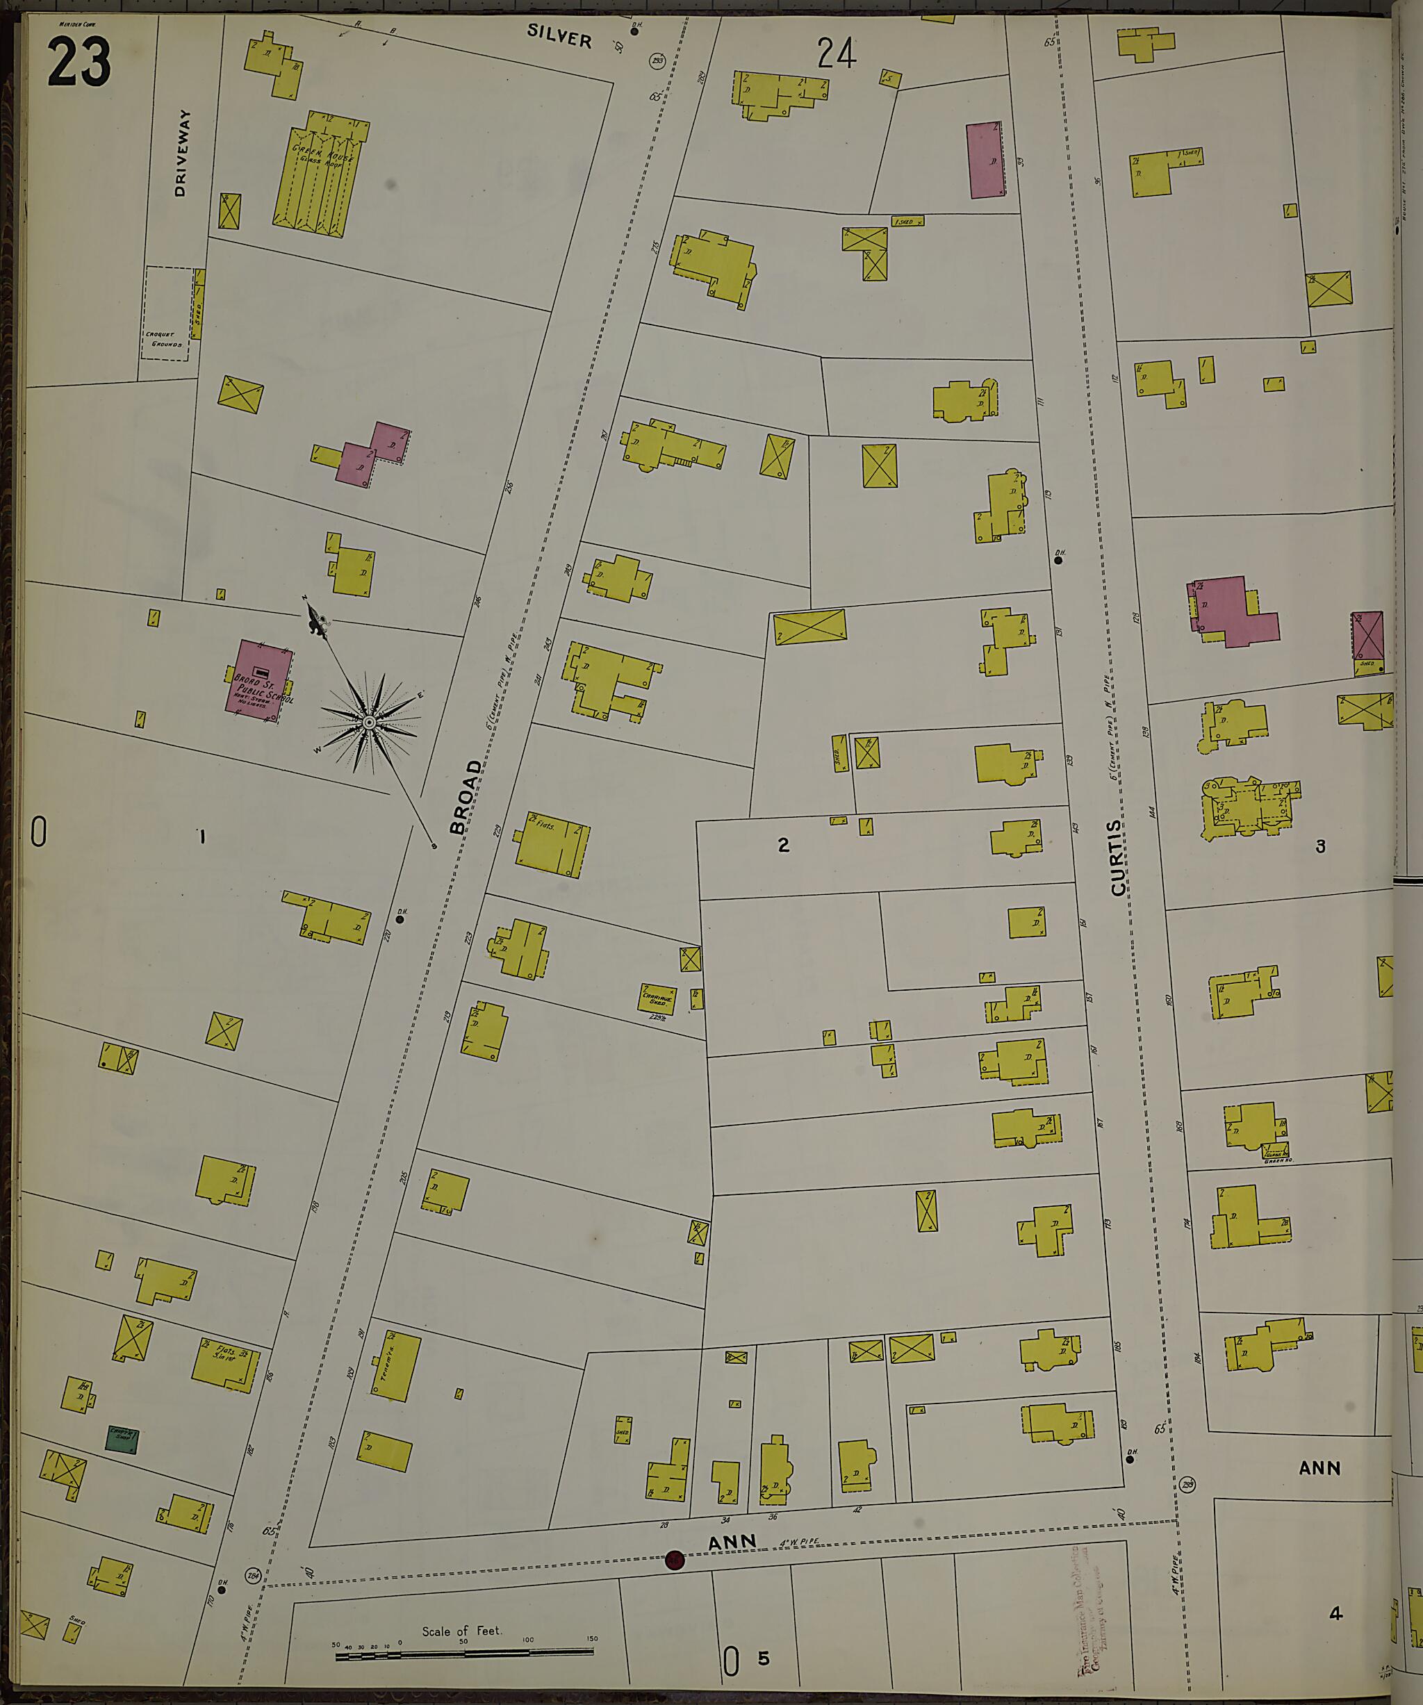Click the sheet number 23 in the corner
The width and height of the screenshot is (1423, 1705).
(x=79, y=63)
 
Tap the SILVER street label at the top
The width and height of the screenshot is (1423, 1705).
(x=559, y=35)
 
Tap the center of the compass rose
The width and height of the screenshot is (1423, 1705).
(x=370, y=722)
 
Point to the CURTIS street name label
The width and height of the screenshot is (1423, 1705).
(x=1118, y=858)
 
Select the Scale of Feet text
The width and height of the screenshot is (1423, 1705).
(x=461, y=1630)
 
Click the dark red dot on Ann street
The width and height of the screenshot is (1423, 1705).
(x=675, y=1560)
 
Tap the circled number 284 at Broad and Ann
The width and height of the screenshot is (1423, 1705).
(x=252, y=1574)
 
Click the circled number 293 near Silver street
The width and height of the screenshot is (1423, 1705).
(x=657, y=62)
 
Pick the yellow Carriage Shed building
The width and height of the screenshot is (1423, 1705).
(x=656, y=998)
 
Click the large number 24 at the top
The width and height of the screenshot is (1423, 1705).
(x=836, y=54)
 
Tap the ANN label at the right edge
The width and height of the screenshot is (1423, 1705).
(x=1319, y=1468)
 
